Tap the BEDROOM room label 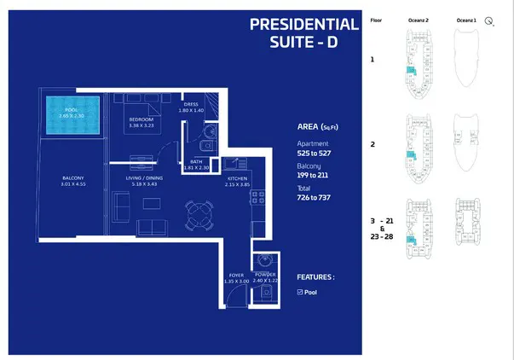pos(141,119)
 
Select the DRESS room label pos(190,105)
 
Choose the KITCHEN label pos(236,179)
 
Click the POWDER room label pos(264,276)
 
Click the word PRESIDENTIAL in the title pos(303,24)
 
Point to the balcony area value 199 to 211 pos(313,177)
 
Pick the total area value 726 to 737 pos(313,198)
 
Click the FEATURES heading pos(315,277)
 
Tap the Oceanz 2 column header pos(416,19)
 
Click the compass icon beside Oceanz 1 pos(489,23)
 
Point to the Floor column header pos(376,19)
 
